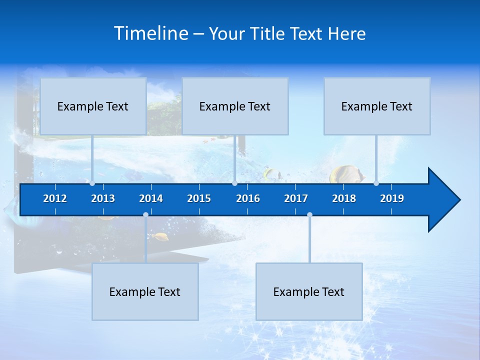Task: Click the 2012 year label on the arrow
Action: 55,198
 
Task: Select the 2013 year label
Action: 103,198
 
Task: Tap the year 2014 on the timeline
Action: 151,198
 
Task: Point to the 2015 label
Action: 199,198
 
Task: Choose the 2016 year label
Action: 248,198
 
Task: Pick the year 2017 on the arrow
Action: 296,198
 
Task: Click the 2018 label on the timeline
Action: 344,198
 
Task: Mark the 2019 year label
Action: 392,198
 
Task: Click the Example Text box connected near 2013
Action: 93,106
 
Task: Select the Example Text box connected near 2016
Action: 235,106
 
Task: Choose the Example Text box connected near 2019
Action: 377,106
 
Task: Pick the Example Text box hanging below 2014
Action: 145,291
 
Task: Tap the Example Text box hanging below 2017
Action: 309,291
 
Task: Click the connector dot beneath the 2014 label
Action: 145,214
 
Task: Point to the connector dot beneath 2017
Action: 309,214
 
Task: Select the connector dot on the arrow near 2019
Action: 376,183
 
